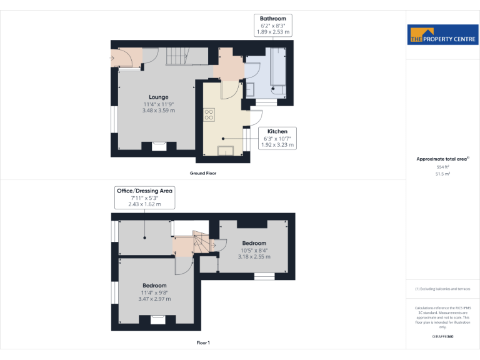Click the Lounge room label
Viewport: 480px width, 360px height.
[x=158, y=97]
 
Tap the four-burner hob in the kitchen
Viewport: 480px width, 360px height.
[x=209, y=114]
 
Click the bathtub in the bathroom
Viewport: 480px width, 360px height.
[x=276, y=72]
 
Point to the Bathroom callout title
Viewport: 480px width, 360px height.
[x=272, y=19]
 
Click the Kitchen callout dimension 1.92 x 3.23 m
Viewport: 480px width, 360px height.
[x=277, y=144]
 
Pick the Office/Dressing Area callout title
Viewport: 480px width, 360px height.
[x=144, y=191]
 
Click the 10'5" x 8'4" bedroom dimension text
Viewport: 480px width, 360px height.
[x=254, y=250]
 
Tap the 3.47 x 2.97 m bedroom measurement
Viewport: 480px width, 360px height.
[x=154, y=299]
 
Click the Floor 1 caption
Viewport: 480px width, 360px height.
[x=203, y=342]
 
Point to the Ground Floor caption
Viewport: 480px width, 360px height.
[x=203, y=172]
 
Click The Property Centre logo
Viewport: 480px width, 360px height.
[x=442, y=36]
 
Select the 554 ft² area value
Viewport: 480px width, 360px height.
[x=442, y=167]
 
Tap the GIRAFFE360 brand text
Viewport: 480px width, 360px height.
[x=442, y=337]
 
